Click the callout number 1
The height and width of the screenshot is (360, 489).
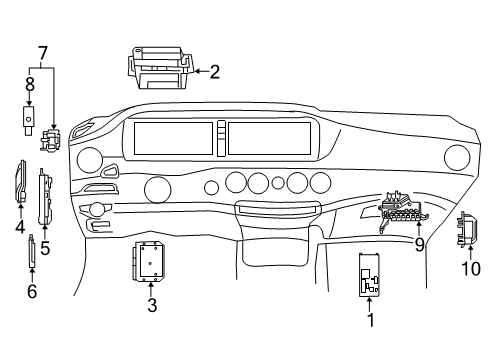370,320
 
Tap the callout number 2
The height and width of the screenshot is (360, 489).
215,72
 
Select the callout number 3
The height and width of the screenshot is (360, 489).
152,305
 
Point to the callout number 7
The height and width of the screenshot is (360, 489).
43,53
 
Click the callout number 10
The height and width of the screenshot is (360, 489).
471,268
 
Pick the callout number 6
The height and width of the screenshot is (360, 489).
32,291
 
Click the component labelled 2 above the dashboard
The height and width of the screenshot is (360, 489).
160,68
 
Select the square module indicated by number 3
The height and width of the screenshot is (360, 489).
149,262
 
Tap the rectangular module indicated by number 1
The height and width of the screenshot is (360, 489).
369,275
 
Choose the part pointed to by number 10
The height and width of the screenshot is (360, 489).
467,230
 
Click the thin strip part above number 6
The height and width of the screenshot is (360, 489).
32,251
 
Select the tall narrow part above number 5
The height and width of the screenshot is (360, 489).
45,196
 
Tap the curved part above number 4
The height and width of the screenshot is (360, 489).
21,182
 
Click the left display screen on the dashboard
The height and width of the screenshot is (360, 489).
173,138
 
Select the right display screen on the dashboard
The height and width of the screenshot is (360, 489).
269,138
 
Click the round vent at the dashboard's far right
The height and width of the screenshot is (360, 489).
457,158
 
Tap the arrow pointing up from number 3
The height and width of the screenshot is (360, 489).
151,289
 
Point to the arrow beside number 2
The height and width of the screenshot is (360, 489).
201,71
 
